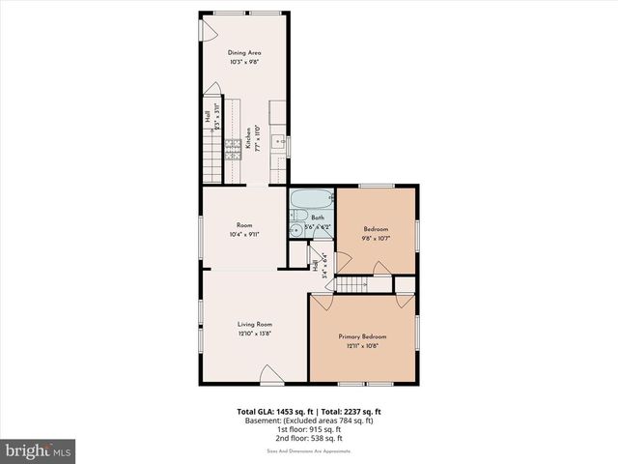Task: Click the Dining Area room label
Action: [244, 52]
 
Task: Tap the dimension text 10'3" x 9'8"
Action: [244, 62]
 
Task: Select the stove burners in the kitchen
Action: [234, 148]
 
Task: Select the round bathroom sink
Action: [295, 230]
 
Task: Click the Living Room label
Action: [256, 324]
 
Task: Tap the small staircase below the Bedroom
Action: [358, 282]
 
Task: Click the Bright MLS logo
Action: [38, 450]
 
